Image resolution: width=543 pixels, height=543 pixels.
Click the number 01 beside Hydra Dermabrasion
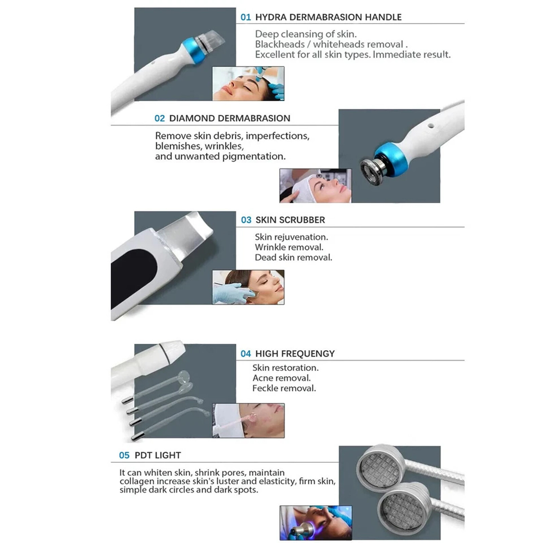[245, 17]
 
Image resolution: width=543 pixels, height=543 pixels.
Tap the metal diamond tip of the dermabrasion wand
[372, 171]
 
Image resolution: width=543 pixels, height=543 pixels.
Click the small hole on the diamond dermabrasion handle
[431, 126]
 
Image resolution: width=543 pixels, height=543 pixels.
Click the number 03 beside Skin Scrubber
[246, 220]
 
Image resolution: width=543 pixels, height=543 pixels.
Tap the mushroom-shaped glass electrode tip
[184, 376]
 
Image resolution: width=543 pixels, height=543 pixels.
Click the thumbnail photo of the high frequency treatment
[248, 420]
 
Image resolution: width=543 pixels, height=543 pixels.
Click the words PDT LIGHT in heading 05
[157, 455]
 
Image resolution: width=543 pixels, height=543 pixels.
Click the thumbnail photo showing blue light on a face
[315, 523]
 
